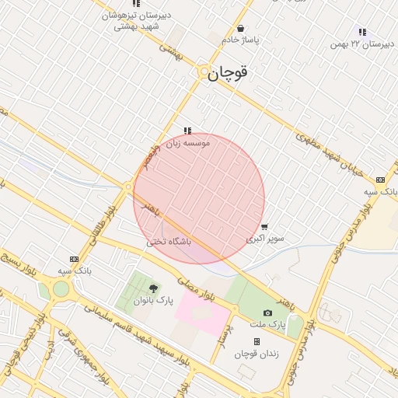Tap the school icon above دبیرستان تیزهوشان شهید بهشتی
(x=137, y=4)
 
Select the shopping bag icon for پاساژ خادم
(x=242, y=29)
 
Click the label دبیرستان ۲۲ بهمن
(x=361, y=44)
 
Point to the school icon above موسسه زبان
(x=187, y=131)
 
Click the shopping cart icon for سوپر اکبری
(x=265, y=227)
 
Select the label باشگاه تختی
(x=169, y=242)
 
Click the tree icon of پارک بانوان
(x=151, y=288)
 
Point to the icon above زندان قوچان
(x=257, y=341)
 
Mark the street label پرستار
(x=222, y=333)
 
